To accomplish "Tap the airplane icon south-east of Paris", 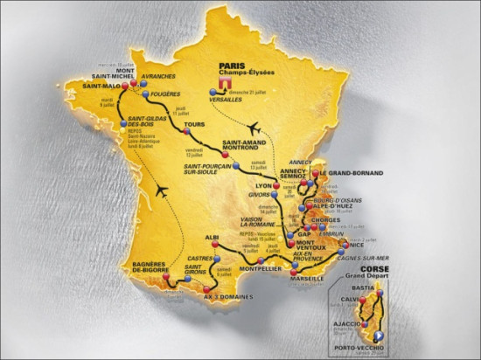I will [x=254, y=127].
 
